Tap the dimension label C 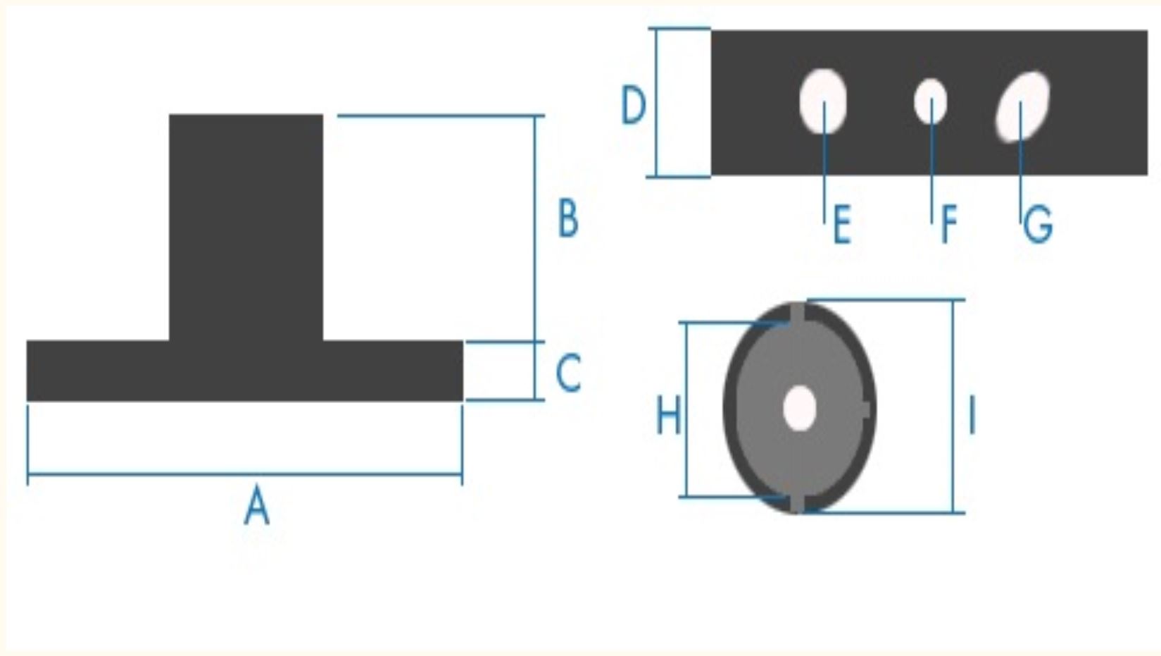[x=568, y=372]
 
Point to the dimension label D [x=634, y=105]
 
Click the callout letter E [x=842, y=224]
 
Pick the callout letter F [x=949, y=224]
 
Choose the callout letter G [x=1038, y=224]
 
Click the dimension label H [x=669, y=414]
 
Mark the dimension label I [x=972, y=414]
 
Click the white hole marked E [x=823, y=101]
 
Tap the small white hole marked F [x=930, y=101]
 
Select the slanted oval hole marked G [x=1022, y=106]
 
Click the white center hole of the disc [x=800, y=408]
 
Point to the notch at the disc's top [x=798, y=314]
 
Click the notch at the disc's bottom [x=798, y=503]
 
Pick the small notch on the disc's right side [x=865, y=409]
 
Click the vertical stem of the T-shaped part [x=246, y=228]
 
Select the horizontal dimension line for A [x=244, y=474]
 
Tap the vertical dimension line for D [x=656, y=102]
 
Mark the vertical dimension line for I [x=953, y=406]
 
